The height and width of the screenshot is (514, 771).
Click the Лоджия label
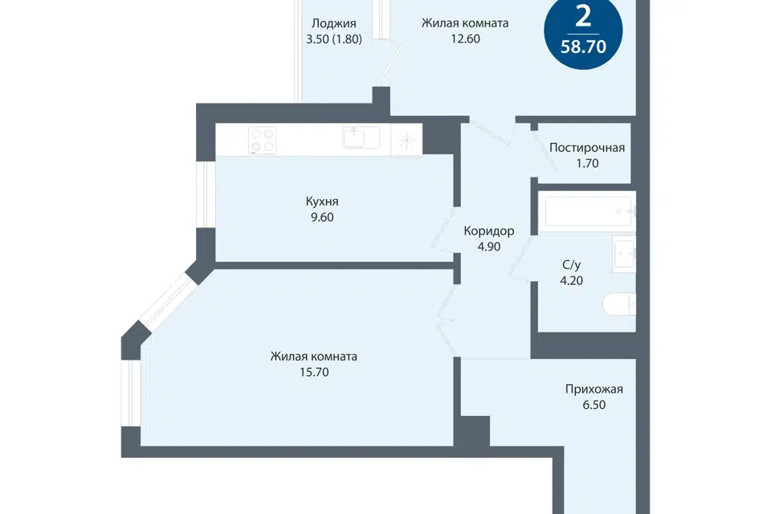pos(334,23)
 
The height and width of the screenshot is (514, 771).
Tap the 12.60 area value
pos(465,39)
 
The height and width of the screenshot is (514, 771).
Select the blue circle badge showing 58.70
pos(583,31)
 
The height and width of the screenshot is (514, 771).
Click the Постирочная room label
pos(587,148)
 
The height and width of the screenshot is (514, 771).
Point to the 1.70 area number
pos(587,163)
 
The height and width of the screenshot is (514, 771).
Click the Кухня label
pos(322,201)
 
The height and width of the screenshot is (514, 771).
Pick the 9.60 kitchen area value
pos(322,217)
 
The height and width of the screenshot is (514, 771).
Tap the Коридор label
pos(489,230)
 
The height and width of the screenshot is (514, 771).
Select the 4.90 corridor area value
pos(489,247)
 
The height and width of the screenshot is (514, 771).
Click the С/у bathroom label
pos(571,265)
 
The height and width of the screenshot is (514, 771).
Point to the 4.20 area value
pos(571,281)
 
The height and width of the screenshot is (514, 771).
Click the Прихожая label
pos(594,389)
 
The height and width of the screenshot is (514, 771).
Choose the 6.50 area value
pos(594,405)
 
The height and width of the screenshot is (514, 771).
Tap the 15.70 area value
pos(314,373)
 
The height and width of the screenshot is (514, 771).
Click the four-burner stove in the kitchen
pos(262,141)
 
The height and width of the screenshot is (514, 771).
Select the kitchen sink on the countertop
pos(361,137)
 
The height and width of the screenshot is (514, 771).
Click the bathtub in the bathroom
pos(588,211)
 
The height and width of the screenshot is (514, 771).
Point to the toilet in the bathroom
pos(619,304)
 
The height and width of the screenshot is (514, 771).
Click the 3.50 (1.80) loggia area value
pos(334,39)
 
